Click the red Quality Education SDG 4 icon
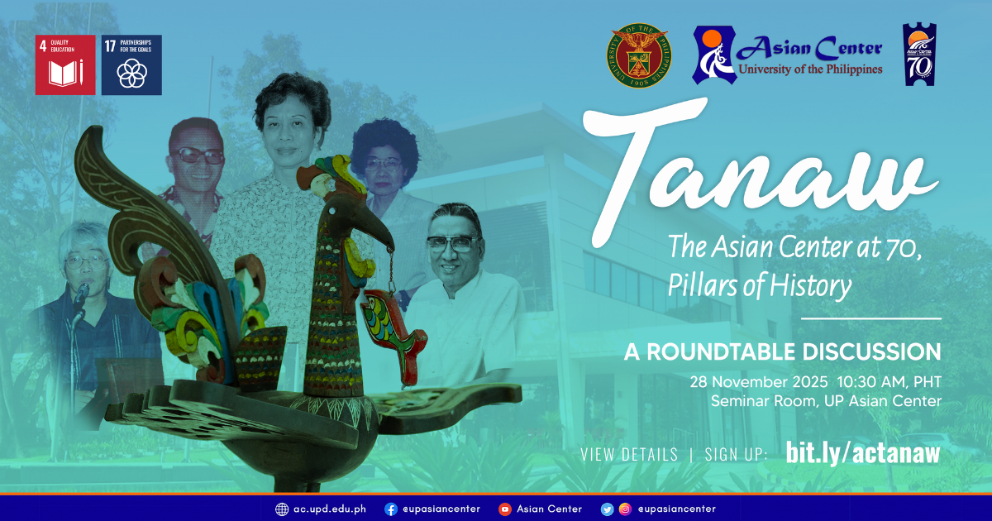tap(65, 65)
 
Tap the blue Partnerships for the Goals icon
tap(131, 65)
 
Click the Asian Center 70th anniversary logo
tap(919, 55)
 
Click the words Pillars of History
tap(760, 286)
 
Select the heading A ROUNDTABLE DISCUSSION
tap(782, 351)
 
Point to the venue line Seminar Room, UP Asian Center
tap(825, 402)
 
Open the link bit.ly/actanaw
tap(862, 452)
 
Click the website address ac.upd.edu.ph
tap(329, 509)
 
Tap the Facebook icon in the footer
tap(391, 509)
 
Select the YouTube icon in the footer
tap(504, 509)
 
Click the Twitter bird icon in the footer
tap(607, 509)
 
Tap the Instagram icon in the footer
tap(625, 509)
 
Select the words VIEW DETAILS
tap(628, 454)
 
